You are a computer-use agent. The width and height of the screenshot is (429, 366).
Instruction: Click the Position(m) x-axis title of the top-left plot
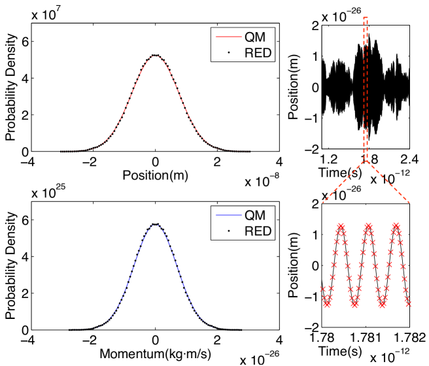[x=155, y=175]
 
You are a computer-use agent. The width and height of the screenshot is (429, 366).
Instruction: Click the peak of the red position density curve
[x=155, y=56]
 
